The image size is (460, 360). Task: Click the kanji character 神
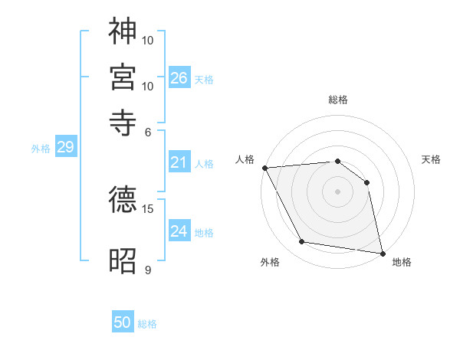coord(123,32)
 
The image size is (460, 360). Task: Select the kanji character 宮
coord(123,78)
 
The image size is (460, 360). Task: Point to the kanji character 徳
coord(123,201)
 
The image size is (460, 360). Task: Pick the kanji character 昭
coord(123,260)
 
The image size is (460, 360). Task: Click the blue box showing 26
coord(179,78)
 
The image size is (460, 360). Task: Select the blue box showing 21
coord(179,162)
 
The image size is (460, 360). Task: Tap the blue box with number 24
coord(179,231)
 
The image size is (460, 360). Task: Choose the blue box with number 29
coord(65,148)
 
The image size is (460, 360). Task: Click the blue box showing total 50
coord(123,323)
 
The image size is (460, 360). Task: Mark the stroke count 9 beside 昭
coord(147,270)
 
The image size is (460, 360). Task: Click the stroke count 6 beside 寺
coord(148,132)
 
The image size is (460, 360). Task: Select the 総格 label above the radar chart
coord(338,100)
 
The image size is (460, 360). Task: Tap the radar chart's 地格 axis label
coord(402,262)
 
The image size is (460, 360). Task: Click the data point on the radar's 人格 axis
coord(264,168)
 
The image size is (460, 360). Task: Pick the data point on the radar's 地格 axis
coord(382,253)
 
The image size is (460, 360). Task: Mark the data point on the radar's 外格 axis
coord(302,242)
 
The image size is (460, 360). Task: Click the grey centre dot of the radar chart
coord(338,191)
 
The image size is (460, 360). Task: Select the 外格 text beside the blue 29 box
coord(41,149)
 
